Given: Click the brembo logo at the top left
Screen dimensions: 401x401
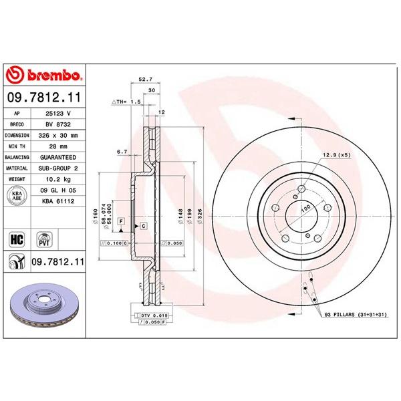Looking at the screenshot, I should (43, 74).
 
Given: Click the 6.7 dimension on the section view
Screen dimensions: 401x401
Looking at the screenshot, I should (122, 152).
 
